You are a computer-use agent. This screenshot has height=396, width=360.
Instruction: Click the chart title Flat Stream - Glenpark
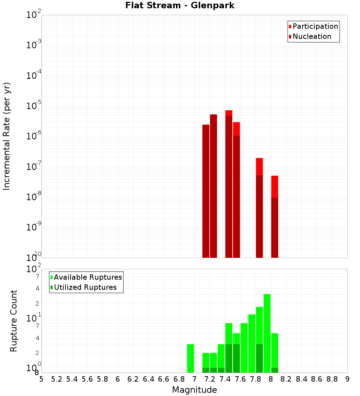pyautogui.click(x=180, y=6)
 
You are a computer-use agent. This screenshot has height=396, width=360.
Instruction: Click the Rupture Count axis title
pyautogui.click(x=14, y=321)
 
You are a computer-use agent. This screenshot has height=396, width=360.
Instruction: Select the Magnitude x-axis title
pyautogui.click(x=194, y=390)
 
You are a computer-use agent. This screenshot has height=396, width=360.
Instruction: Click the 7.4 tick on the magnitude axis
pyautogui.click(x=225, y=379)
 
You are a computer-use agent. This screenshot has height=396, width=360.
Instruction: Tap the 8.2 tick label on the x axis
pyautogui.click(x=286, y=379)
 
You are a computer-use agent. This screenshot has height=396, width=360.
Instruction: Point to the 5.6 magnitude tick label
pyautogui.click(x=87, y=379)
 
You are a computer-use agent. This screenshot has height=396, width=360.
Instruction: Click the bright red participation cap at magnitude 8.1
pyautogui.click(x=275, y=186)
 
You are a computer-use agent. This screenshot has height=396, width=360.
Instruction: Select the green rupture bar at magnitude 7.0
pyautogui.click(x=190, y=358)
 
